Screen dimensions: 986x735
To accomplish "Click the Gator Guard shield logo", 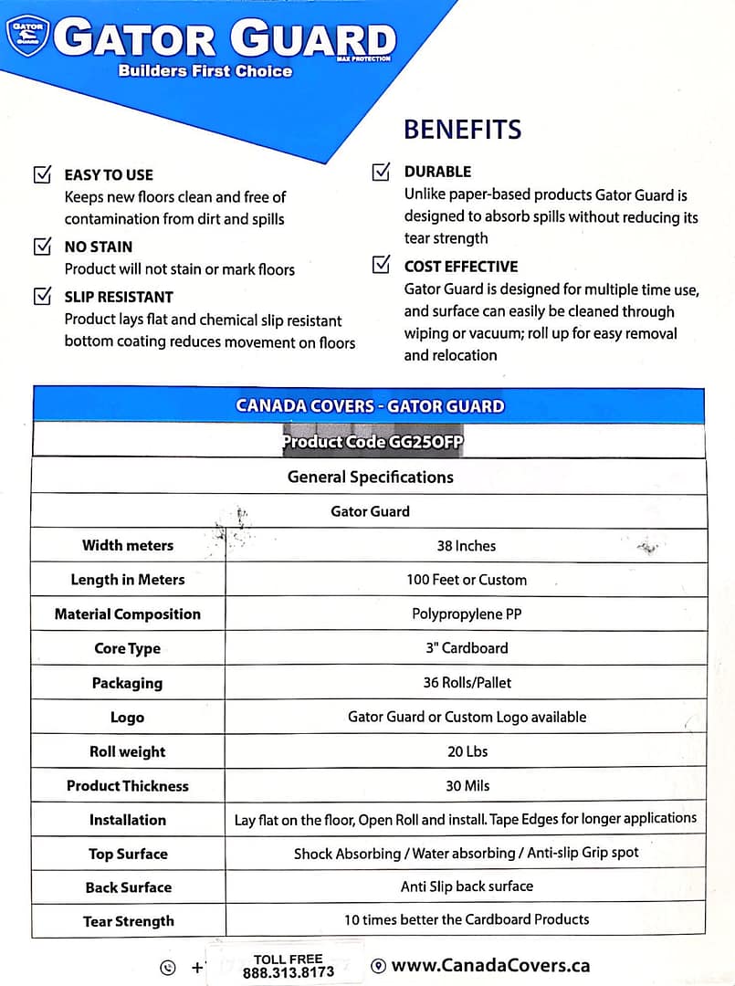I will (x=26, y=36).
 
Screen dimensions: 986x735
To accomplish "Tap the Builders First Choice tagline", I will (x=205, y=70).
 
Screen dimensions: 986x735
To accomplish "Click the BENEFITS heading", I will (x=462, y=129).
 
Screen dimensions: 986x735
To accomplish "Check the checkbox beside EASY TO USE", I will (x=42, y=174).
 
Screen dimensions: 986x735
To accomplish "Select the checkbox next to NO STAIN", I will (x=42, y=246).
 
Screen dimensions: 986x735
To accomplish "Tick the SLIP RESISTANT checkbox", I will (x=42, y=296).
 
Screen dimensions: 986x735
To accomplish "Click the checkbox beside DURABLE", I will (x=382, y=172).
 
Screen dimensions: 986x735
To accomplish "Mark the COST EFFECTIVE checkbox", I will (x=382, y=266).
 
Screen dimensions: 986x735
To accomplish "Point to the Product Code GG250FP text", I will (x=373, y=442).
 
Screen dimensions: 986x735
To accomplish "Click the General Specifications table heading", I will (x=370, y=477).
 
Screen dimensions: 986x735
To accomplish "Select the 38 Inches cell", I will (x=466, y=546).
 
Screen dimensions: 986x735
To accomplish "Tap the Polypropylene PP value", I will (x=466, y=614).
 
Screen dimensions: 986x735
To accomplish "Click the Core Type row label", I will (x=127, y=648).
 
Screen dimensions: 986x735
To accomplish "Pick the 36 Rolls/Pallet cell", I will (x=466, y=682).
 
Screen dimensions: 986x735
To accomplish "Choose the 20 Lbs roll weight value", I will (x=466, y=751).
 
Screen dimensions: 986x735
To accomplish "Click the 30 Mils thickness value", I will (x=466, y=785).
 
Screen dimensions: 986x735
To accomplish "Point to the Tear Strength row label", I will (x=128, y=921).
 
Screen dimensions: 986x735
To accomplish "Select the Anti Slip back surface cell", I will (x=466, y=886).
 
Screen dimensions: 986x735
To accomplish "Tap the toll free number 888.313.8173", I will (x=289, y=972).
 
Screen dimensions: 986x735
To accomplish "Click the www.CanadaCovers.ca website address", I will (x=490, y=966).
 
